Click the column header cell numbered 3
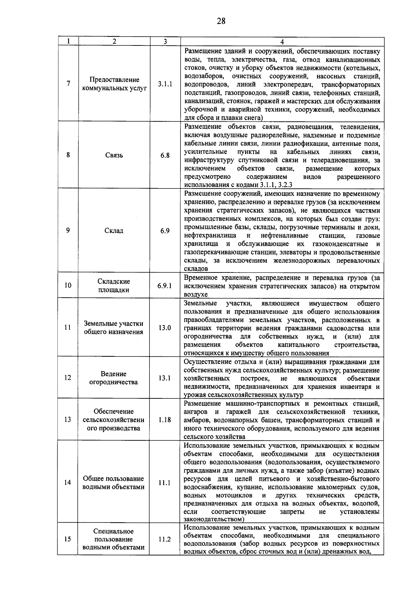pos(165,41)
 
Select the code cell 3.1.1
pos(165,84)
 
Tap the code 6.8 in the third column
pos(165,155)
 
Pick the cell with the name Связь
pos(114,155)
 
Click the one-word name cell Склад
pos(114,231)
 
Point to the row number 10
pos(68,285)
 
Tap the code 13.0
pos(165,328)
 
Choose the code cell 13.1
pos(165,378)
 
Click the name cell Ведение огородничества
pos(114,378)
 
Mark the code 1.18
pos(165,420)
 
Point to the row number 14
pos(68,483)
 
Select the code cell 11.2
pos(165,539)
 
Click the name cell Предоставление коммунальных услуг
pos(114,84)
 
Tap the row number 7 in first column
pos(68,84)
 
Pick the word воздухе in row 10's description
pos(196,295)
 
